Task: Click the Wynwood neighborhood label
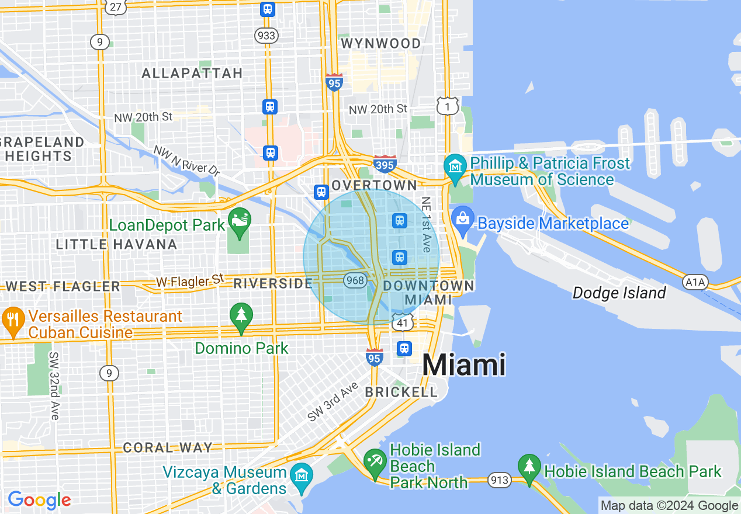pos(380,44)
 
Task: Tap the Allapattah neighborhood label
pos(192,73)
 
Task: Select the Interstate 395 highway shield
pos(385,165)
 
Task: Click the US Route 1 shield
pos(447,106)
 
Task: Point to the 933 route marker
pos(266,36)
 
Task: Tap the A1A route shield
pos(695,283)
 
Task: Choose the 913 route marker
pos(501,480)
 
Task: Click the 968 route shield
pos(355,280)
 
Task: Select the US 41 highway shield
pos(403,322)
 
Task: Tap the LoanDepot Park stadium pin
pos(239,221)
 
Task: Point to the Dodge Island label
pos(619,293)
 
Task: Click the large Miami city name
pos(463,365)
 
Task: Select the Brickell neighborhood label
pos(401,392)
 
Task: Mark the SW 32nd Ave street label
pos(54,385)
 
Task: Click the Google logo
pos(39,500)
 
